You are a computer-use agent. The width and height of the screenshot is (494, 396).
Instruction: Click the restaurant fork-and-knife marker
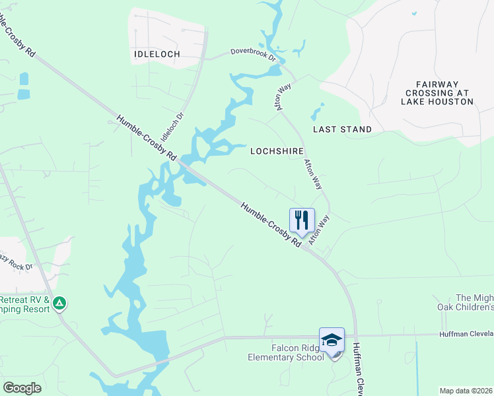(x=302, y=220)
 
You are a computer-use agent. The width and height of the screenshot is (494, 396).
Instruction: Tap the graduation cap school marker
(x=332, y=341)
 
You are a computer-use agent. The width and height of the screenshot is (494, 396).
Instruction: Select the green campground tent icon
(x=60, y=303)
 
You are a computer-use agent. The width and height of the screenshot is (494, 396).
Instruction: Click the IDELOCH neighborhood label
(x=157, y=53)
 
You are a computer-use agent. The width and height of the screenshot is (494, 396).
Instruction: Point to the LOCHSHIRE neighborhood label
(x=277, y=151)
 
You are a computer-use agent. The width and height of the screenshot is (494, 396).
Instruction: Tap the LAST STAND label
(x=342, y=129)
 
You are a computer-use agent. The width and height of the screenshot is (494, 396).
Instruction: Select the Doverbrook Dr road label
(x=253, y=53)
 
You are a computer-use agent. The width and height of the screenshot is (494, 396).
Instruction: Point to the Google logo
(x=22, y=388)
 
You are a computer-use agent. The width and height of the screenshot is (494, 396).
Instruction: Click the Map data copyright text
(x=466, y=391)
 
